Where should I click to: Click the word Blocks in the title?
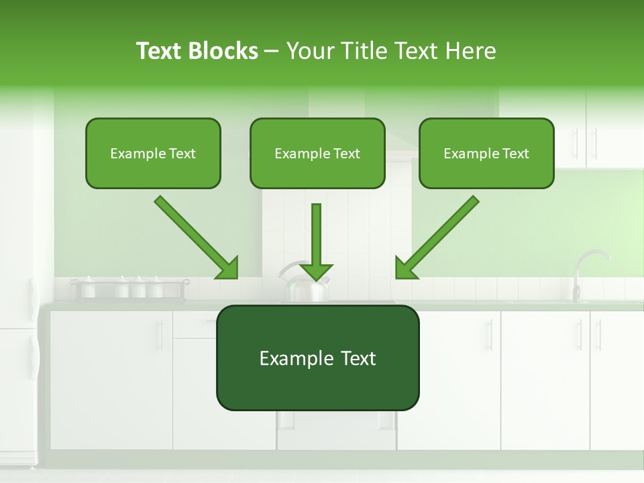(224, 51)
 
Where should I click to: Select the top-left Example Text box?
(153, 154)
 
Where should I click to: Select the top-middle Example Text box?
(317, 154)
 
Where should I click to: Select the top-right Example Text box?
(486, 154)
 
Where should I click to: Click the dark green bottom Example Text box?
(317, 358)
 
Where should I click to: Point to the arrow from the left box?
(195, 236)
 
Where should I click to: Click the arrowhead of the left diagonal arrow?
(228, 268)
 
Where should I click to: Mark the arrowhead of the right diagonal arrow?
(405, 268)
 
